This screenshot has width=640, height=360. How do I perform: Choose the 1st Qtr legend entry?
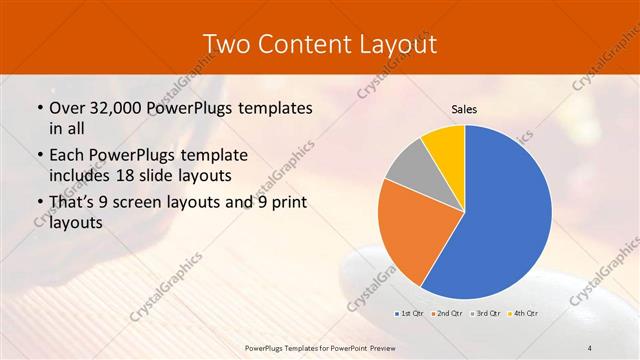[x=408, y=314]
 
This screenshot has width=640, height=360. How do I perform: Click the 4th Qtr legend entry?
[x=523, y=314]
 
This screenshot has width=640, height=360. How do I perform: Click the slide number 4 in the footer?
[x=589, y=347]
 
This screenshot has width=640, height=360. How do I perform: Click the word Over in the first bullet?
[x=66, y=107]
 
